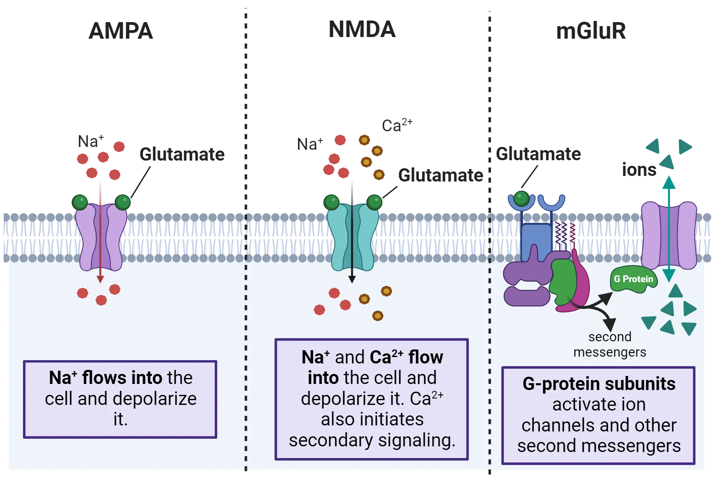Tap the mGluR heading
(591, 31)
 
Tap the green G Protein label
(634, 279)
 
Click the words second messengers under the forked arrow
(609, 345)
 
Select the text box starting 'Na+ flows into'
(120, 399)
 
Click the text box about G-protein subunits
(598, 415)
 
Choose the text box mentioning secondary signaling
(371, 399)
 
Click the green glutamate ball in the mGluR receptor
(521, 198)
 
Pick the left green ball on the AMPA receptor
(80, 202)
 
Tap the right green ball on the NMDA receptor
(374, 202)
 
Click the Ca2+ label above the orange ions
(397, 125)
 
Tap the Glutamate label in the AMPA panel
(182, 154)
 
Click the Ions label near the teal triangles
(639, 169)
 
